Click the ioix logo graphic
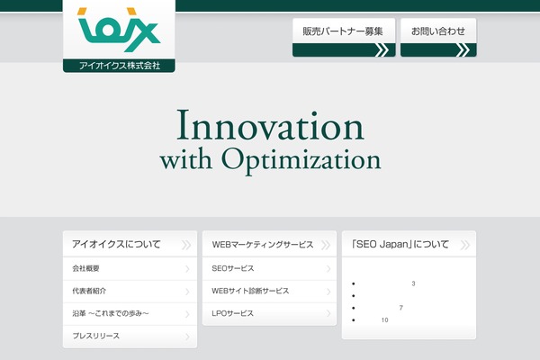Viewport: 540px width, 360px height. coord(119,30)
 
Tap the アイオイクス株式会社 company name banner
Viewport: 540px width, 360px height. coord(119,66)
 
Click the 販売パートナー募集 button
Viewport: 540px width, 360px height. coord(344,38)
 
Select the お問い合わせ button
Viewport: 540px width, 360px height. coord(438,38)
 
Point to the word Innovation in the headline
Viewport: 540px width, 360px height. coord(270,125)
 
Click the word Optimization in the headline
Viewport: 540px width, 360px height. coord(301,160)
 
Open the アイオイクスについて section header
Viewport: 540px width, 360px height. coord(130,244)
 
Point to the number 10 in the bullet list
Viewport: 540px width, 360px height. coord(384,320)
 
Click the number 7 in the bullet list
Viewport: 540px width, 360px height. coord(400,308)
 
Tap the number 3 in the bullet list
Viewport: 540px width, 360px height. coord(413,283)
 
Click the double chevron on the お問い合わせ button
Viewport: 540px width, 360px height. coord(463,50)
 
